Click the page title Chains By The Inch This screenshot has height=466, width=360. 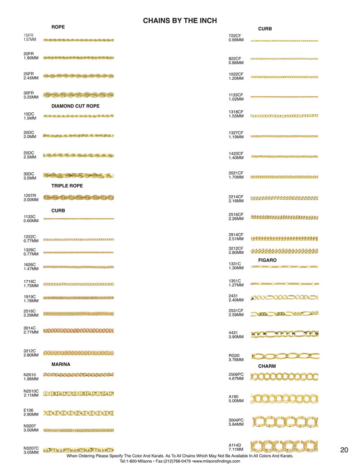coord(180,21)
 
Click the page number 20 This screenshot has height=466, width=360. coord(344,450)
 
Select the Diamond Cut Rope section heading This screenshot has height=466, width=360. coord(75,106)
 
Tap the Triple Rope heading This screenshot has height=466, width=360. coord(67,186)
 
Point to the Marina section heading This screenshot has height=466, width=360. coord(60,364)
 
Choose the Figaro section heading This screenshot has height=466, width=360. coord(267,260)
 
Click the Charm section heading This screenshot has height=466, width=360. coord(267,366)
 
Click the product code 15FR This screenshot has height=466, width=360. coord(29,36)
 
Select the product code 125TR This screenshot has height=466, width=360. coord(30,196)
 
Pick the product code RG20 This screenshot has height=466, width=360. coord(234,356)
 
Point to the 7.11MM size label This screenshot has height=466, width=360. coord(236,450)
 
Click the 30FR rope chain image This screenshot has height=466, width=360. coord(78,95)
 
